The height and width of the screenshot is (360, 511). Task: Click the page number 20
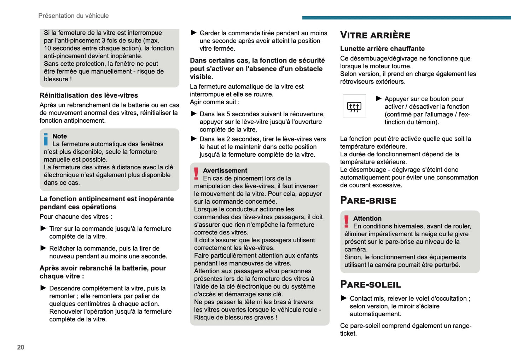coord(21,347)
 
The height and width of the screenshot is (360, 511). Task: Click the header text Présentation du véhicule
coord(74,16)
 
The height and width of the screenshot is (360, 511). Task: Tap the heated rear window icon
coord(354,106)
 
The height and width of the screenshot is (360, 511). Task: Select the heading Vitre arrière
coord(375,35)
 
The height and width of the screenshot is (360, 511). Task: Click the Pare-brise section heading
coord(368,201)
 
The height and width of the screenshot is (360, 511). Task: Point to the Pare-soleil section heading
coord(371,284)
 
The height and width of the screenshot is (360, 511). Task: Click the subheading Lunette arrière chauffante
coord(382,49)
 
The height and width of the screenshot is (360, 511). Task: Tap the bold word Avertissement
coord(225,170)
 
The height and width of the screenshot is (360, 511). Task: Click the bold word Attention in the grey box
coord(367,219)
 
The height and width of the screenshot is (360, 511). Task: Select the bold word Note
coord(60,136)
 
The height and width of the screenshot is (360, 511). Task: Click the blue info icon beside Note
coord(46,139)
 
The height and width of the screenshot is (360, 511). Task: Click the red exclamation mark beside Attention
coord(347,221)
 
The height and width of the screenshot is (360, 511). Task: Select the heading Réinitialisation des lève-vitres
coord(89,95)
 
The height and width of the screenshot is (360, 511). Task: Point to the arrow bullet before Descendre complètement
coord(43,288)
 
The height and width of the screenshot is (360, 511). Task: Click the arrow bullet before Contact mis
coord(344,298)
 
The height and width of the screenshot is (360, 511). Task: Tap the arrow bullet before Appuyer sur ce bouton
coord(379,99)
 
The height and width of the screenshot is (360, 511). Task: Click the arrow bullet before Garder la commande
coord(194,33)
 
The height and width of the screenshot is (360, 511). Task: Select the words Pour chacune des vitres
coord(76,217)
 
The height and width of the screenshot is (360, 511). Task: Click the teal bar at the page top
coord(406,18)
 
